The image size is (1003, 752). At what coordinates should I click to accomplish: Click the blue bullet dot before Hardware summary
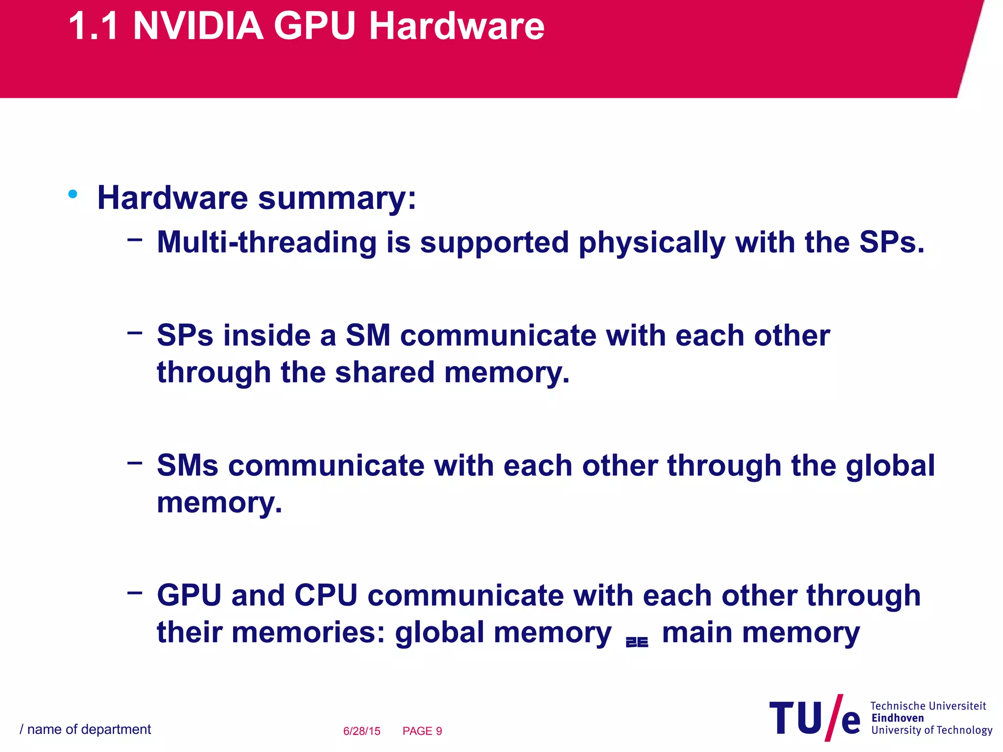(x=73, y=194)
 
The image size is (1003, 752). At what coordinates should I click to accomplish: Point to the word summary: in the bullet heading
(x=337, y=198)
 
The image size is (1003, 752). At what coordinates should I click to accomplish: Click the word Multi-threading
(x=266, y=242)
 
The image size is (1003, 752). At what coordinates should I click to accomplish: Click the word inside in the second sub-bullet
(x=267, y=336)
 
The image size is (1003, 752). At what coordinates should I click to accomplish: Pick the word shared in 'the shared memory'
(x=385, y=373)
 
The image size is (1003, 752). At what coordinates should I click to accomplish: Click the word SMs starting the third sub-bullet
(x=187, y=466)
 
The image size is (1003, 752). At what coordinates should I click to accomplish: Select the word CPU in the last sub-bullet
(x=326, y=596)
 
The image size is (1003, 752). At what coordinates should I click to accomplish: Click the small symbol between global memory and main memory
(x=637, y=642)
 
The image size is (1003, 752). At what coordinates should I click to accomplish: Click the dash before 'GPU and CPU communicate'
(x=135, y=593)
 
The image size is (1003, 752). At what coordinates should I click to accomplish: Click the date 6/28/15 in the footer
(x=361, y=731)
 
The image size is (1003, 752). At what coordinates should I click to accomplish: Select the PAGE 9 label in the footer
(x=422, y=731)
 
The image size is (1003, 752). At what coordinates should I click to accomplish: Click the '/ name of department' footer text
(x=85, y=729)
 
